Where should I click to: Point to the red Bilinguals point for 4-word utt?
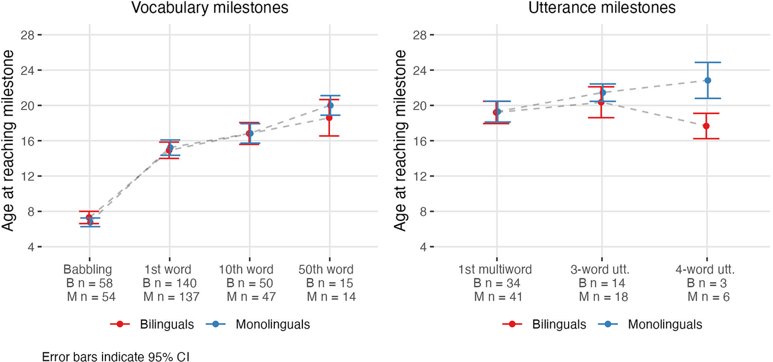(706, 126)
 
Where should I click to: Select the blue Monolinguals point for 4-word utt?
(708, 80)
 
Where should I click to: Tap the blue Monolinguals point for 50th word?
(330, 105)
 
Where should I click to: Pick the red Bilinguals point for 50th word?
(329, 117)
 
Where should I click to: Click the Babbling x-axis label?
(88, 269)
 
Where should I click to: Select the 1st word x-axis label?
(168, 269)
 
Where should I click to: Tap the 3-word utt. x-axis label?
(602, 269)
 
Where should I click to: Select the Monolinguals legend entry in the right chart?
(665, 324)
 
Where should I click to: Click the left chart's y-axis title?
(9, 141)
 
